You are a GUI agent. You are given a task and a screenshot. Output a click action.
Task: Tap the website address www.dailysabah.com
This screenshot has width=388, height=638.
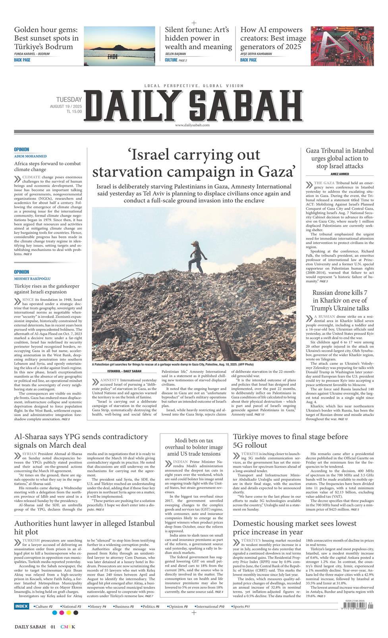coord(192,125)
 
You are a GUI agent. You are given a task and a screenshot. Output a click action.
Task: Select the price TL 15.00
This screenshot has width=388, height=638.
coord(74,112)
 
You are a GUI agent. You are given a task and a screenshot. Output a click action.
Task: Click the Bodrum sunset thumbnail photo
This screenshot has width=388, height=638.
coord(119,46)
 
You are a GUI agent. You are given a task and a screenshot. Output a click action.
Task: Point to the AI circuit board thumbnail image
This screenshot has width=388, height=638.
coord(342,46)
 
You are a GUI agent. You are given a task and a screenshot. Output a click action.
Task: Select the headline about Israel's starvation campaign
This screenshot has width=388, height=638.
coord(193,163)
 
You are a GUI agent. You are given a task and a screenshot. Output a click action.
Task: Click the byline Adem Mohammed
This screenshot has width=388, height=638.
coord(30,157)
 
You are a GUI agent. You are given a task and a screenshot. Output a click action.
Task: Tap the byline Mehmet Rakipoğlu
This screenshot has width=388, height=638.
coord(33,279)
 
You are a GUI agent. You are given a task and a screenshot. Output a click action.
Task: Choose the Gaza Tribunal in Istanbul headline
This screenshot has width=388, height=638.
coord(340,158)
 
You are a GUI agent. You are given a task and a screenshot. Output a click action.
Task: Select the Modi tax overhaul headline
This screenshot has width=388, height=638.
coord(194,447)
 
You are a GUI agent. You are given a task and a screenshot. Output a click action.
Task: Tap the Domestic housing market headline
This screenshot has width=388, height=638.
coord(294,528)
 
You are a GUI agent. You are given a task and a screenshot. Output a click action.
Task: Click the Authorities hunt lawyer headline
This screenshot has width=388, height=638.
coord(84,528)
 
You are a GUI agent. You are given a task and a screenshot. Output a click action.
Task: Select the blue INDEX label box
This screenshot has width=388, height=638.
coord(21,607)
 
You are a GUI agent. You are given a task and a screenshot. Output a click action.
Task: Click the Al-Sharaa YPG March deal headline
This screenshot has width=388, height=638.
coord(81,441)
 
